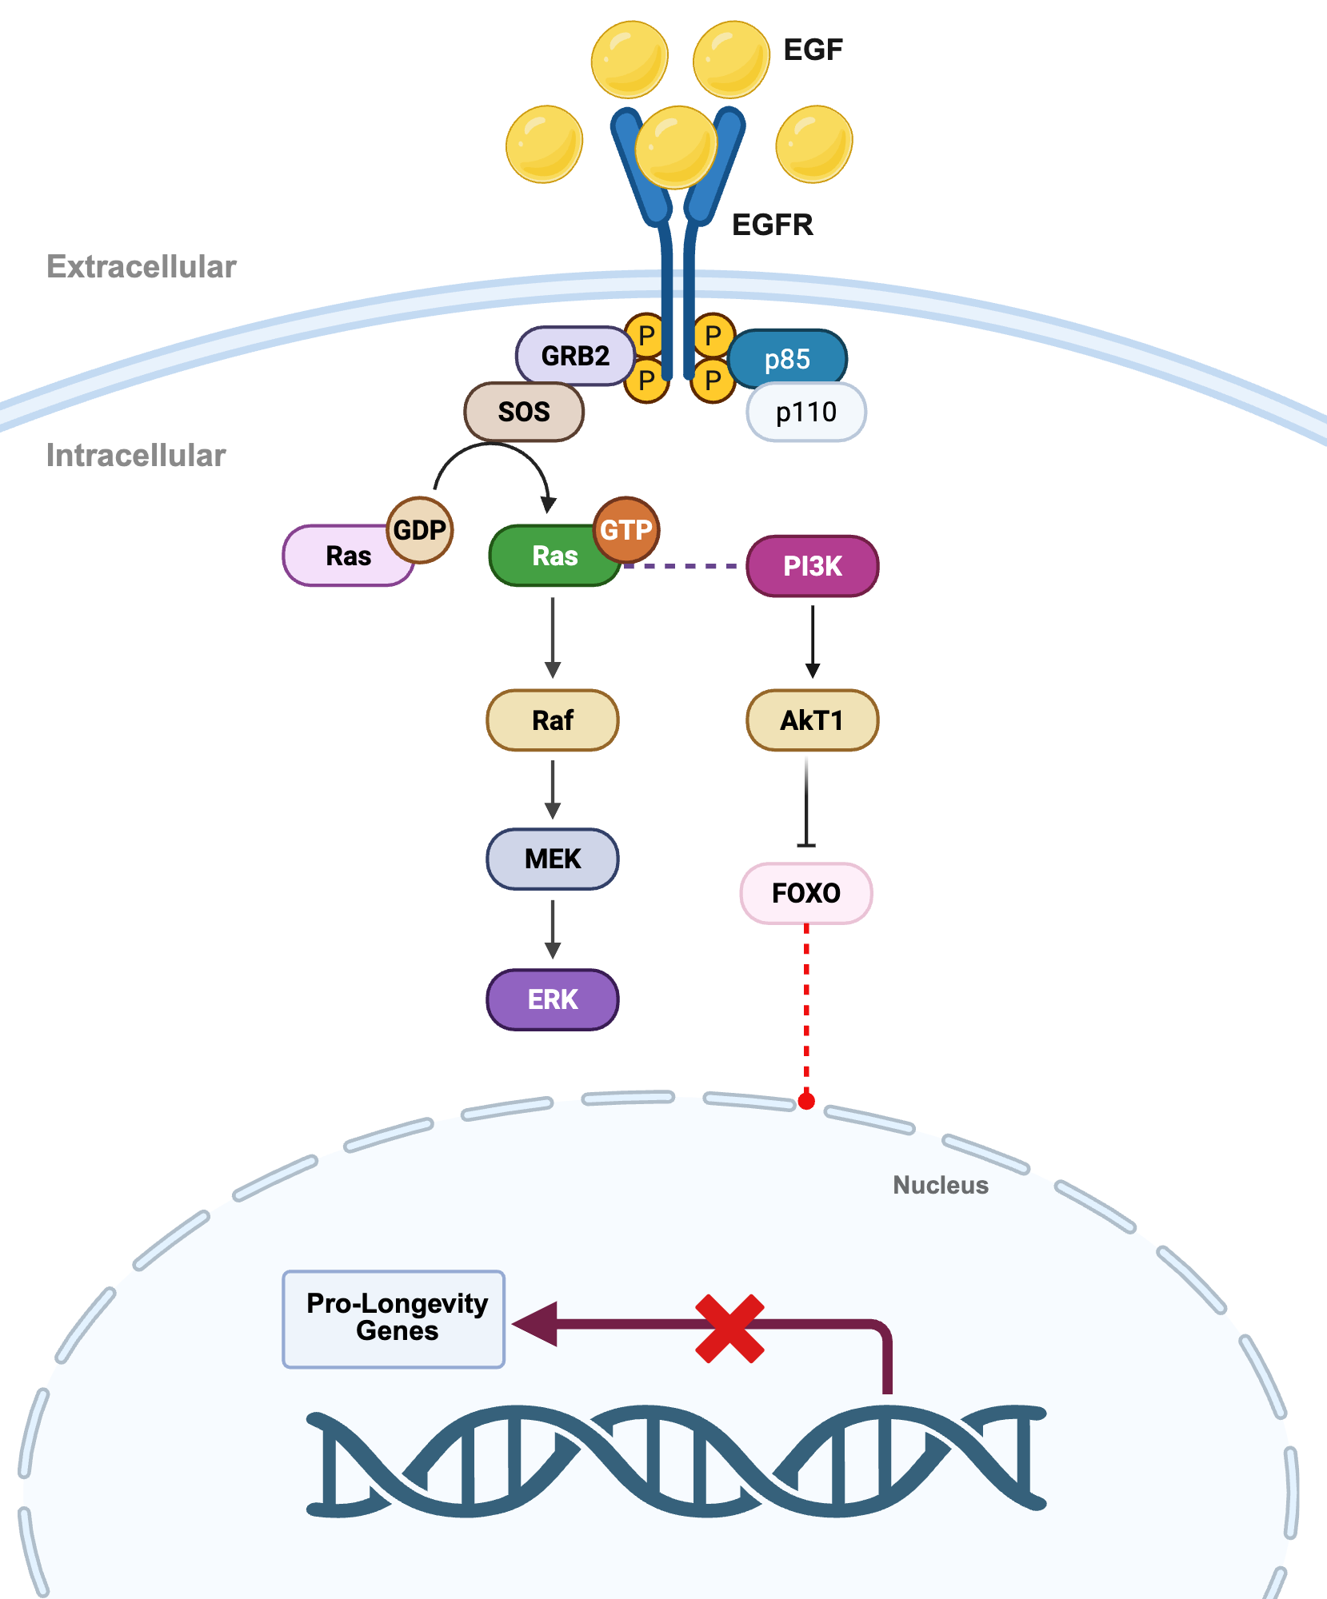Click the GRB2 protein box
click(574, 356)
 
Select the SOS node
click(524, 412)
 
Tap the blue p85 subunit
click(788, 359)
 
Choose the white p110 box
click(806, 413)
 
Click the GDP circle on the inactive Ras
click(420, 529)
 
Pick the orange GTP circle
click(626, 529)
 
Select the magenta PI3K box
click(812, 566)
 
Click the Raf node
click(553, 720)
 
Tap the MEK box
click(553, 859)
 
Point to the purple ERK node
click(553, 999)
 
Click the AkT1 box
click(812, 720)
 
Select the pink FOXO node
click(806, 893)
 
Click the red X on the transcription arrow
click(729, 1329)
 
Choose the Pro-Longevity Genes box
click(394, 1319)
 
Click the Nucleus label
click(940, 1185)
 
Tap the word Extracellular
click(142, 267)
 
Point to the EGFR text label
click(772, 225)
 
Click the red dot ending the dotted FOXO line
click(806, 1101)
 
